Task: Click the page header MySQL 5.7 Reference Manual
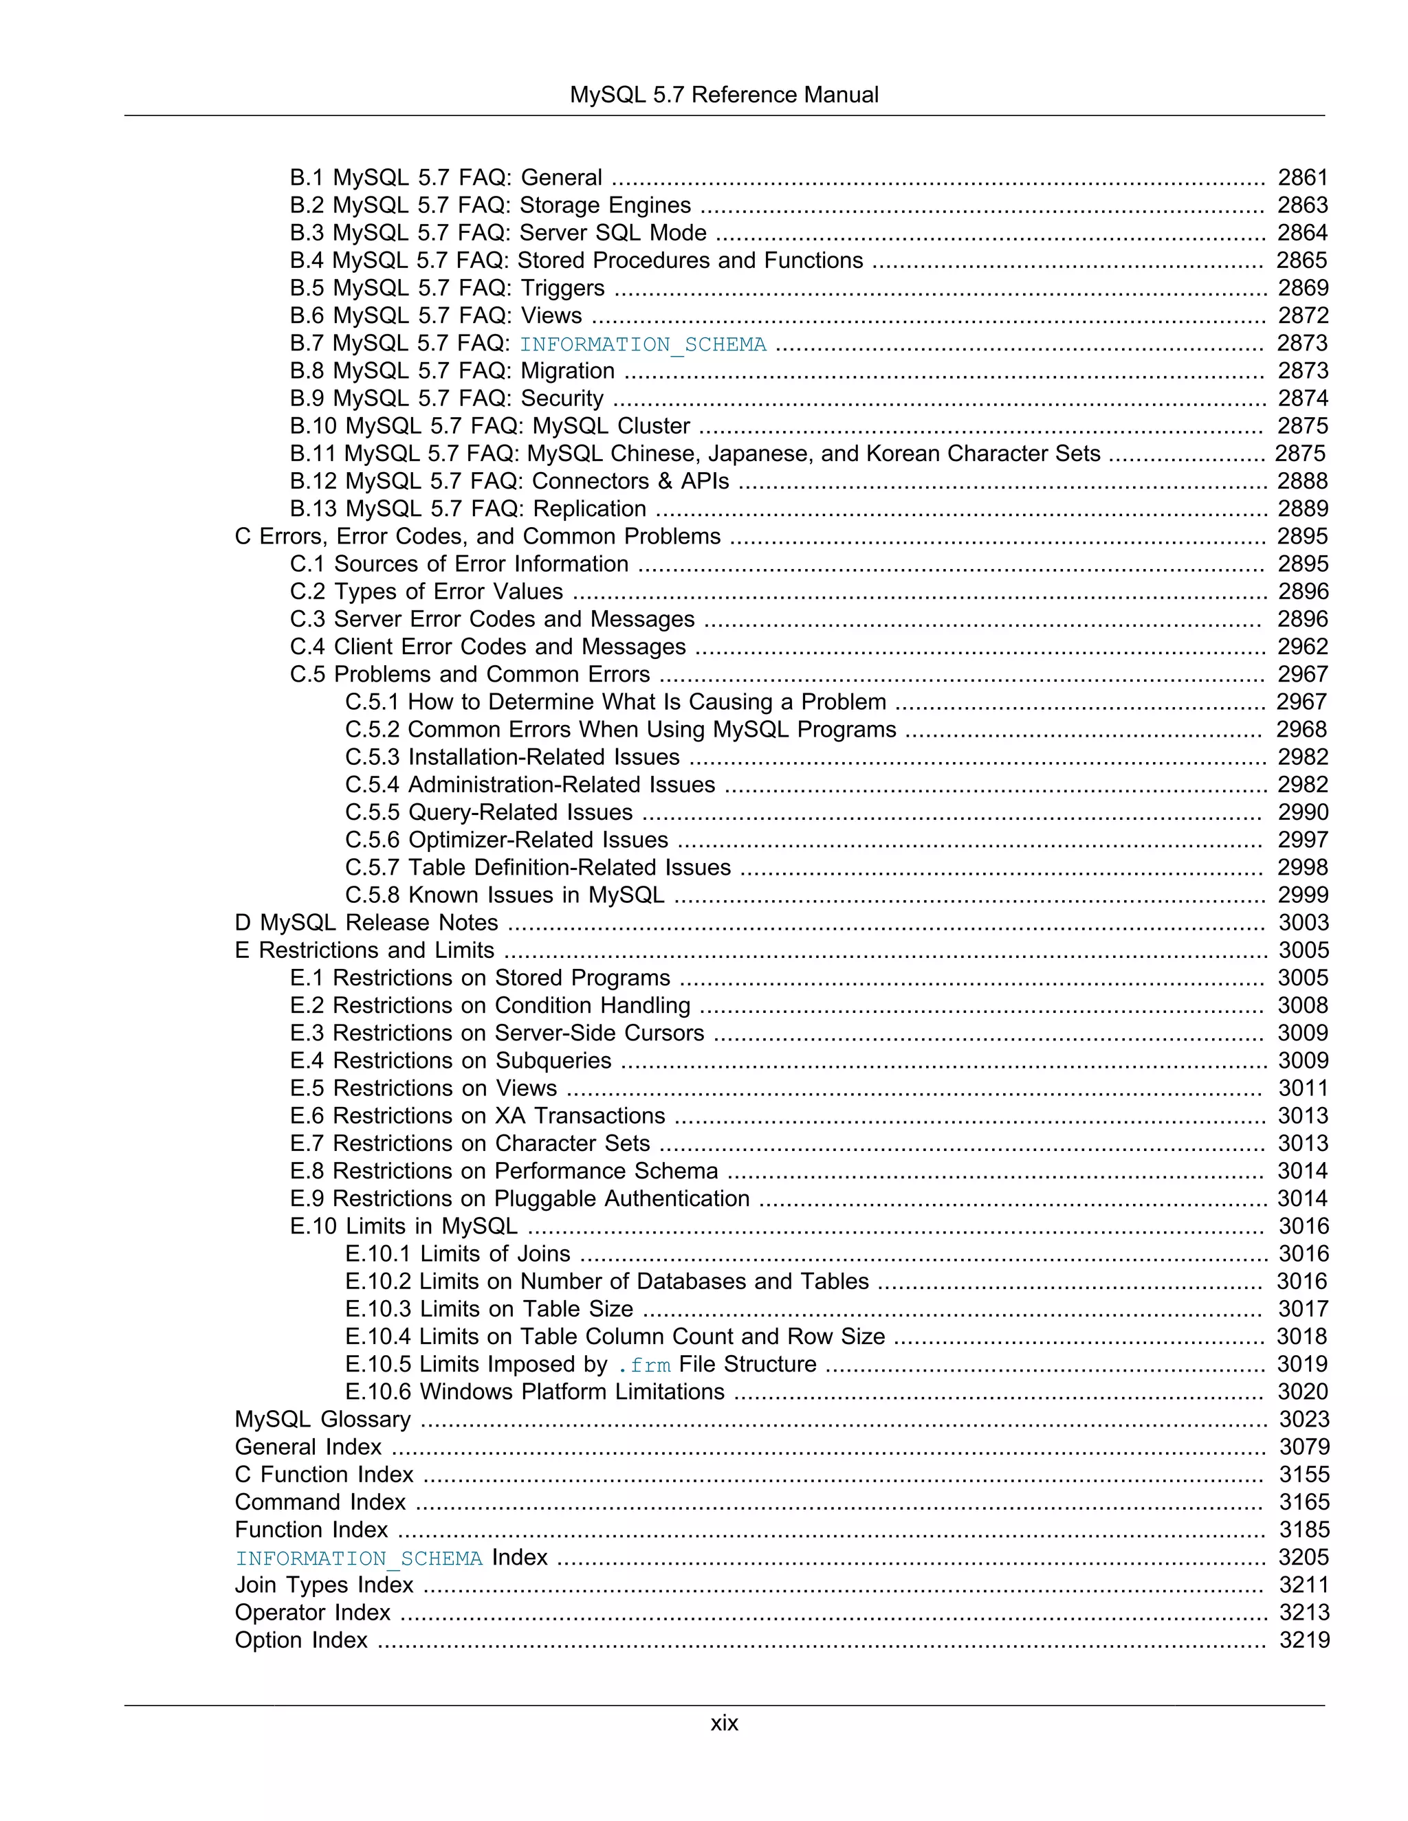723,95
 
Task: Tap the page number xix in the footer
723,1723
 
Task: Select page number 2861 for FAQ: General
1302,177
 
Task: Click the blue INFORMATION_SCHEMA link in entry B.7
642,344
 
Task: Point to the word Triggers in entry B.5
562,288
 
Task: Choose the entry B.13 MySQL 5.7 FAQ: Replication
468,509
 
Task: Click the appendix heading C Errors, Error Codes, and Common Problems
477,536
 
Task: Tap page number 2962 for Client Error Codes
1302,647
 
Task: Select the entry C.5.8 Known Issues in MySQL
505,895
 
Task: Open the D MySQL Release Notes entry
366,923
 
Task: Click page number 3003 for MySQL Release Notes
1303,923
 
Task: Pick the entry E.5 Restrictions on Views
423,1088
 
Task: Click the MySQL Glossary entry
323,1419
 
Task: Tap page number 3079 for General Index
1303,1447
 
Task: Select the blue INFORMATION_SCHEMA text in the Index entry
359,1559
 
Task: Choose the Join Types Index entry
324,1585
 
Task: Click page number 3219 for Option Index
1303,1640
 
